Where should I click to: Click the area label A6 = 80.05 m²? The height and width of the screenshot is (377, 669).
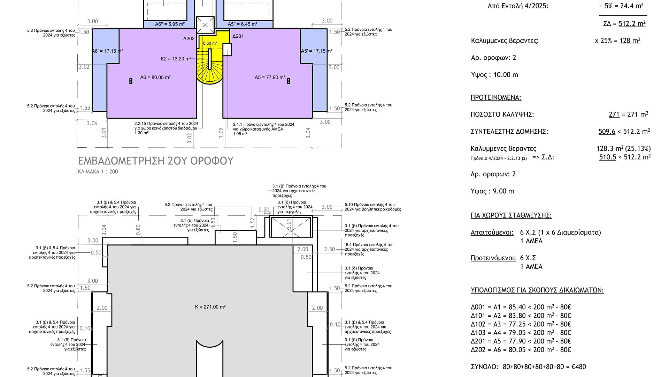pos(155,77)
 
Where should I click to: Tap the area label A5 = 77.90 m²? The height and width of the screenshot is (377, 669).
pos(270,77)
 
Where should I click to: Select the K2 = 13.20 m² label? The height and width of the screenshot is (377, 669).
pos(176,59)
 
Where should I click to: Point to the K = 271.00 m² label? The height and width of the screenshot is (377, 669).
pos(210,307)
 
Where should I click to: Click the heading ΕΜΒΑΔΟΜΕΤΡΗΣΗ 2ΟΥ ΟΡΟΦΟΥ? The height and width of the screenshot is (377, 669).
pos(156,161)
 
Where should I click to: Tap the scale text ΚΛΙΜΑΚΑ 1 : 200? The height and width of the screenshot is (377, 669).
pos(98,172)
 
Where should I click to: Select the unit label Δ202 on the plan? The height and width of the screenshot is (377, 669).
pos(189,38)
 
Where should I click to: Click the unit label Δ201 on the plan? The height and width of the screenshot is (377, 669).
pos(238,36)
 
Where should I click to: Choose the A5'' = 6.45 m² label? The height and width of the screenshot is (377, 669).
pos(243,24)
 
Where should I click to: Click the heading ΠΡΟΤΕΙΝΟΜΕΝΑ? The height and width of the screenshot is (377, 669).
pos(496,97)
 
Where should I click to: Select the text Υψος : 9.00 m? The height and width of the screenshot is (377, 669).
pos(492,191)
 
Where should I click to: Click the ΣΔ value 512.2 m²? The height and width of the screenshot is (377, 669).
pos(632,23)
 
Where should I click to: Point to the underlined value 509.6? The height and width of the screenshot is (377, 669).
pos(607,132)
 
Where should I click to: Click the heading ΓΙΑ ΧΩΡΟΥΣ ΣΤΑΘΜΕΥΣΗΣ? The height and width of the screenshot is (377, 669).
pos(511,215)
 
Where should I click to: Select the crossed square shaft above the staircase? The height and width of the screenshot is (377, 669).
pos(205,25)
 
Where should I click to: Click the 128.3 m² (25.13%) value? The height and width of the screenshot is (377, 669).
pos(624,149)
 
